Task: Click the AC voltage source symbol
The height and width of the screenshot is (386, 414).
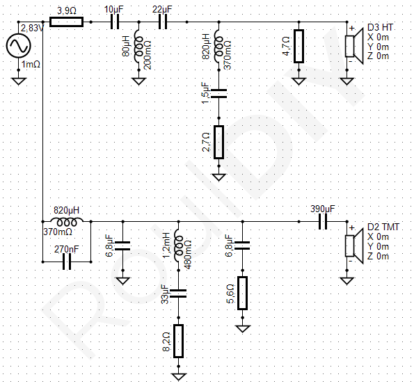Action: pos(19,46)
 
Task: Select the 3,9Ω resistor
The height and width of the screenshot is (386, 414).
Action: pos(67,22)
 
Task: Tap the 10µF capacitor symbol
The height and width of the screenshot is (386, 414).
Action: pos(115,22)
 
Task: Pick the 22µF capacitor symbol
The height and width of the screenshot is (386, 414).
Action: pos(163,22)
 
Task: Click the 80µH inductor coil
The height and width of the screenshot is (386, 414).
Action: pos(138,46)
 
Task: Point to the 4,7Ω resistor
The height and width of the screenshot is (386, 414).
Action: pos(298,46)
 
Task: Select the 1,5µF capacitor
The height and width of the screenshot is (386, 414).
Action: pos(218,94)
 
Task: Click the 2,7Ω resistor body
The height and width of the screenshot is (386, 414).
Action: pos(218,142)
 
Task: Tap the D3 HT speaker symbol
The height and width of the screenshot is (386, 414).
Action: pos(354,46)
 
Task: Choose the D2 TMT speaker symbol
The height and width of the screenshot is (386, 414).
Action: pos(354,246)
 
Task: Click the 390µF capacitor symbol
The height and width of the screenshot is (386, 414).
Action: pos(323,222)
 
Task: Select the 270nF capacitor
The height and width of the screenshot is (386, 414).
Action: pos(67,262)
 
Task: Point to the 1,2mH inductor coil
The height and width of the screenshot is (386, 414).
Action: pos(179,246)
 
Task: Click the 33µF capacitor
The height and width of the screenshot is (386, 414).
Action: pos(179,293)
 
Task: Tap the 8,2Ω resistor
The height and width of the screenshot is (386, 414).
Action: pos(179,341)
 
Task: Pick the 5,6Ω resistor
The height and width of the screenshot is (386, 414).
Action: pos(243,293)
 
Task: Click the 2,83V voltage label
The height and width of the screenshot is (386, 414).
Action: pos(32,29)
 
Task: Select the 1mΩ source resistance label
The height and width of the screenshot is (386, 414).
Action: pos(31,64)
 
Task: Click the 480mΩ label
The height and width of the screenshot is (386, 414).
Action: pos(188,255)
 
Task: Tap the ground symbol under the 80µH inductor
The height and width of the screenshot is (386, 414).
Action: pos(138,81)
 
